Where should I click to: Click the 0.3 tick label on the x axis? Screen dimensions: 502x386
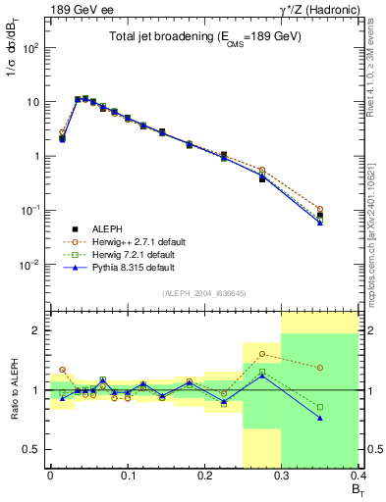tap(281, 476)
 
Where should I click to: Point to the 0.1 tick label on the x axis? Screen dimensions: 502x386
tap(127, 476)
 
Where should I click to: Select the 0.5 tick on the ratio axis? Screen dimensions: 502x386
tap(35, 449)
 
